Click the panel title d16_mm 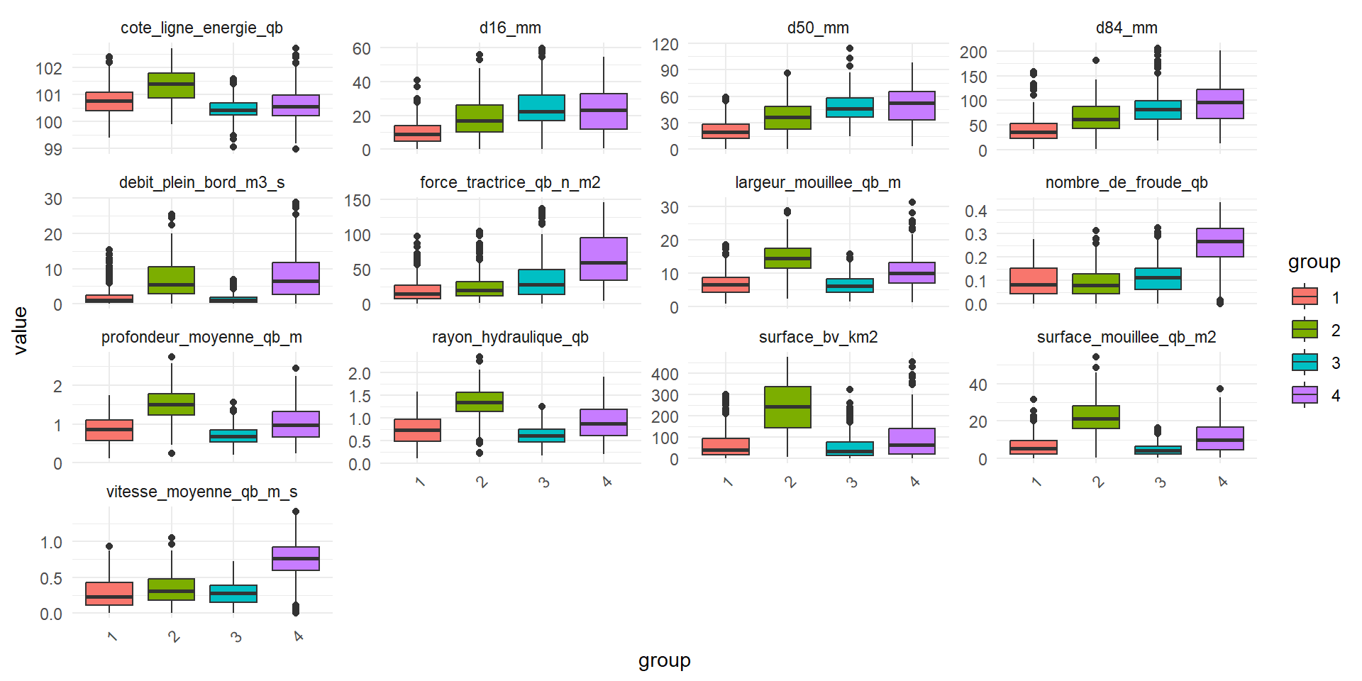click(510, 28)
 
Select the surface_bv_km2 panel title click(818, 337)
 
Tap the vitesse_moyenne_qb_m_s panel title click(201, 492)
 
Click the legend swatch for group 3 click(1305, 362)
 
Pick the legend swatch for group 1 click(1305, 297)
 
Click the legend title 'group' click(1314, 262)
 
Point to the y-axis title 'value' click(21, 331)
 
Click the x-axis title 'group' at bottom click(664, 660)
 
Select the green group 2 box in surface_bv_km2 click(787, 407)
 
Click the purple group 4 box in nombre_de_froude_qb click(1219, 243)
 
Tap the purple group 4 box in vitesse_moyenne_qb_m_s click(296, 558)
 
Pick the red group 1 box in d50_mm click(726, 131)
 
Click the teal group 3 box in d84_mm click(1158, 110)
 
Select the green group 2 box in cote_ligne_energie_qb click(171, 85)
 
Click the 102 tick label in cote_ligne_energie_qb click(49, 68)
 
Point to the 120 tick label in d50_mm click(665, 44)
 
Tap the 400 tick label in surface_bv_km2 click(665, 374)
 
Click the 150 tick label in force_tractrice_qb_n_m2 click(358, 200)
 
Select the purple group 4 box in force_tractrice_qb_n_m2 click(604, 259)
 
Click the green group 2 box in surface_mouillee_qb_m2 click(1096, 417)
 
